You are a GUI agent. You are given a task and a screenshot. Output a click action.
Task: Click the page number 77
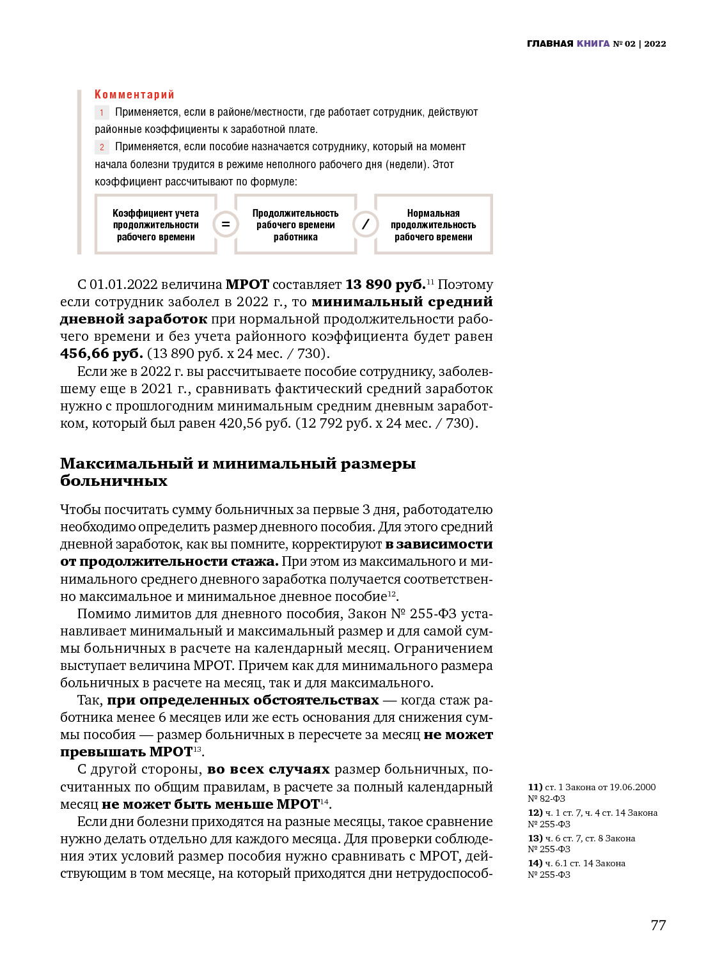658,925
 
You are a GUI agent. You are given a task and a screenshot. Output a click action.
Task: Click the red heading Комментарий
134,95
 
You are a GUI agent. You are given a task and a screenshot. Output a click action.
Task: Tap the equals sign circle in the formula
226,224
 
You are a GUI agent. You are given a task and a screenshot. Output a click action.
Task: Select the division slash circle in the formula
365,224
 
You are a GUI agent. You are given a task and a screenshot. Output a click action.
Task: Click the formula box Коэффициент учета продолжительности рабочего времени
156,225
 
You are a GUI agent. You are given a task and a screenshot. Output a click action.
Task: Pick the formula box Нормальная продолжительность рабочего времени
433,225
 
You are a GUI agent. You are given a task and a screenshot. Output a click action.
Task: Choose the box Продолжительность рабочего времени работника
295,225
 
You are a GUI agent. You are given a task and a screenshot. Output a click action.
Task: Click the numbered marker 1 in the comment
102,113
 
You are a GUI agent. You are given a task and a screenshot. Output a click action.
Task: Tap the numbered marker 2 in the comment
102,147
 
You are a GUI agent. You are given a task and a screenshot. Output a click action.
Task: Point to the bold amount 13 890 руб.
385,285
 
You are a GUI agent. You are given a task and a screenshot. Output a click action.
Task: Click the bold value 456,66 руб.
101,354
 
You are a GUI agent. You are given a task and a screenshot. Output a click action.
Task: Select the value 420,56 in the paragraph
242,423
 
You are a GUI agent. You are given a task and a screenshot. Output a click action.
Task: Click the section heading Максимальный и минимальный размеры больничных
237,472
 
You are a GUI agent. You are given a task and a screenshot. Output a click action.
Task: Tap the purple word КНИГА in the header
593,43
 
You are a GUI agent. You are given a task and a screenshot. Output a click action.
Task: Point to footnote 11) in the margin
535,787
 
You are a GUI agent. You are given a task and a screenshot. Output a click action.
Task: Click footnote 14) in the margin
535,863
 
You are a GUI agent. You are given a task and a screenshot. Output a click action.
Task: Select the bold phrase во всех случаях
268,769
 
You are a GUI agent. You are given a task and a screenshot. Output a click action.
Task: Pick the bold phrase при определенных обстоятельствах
242,700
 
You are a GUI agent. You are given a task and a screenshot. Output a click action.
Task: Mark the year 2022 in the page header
655,43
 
